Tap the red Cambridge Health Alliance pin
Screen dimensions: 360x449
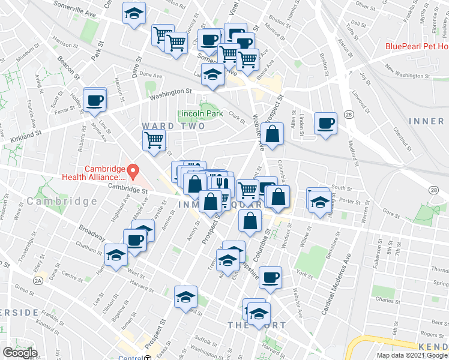[x=134, y=172]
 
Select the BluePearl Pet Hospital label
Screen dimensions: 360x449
[x=417, y=46]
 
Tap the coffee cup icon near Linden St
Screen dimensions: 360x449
[x=325, y=124]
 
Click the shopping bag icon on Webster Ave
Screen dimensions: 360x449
[x=272, y=135]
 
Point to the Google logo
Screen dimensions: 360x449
[x=20, y=353]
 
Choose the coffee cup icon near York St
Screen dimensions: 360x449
[x=271, y=277]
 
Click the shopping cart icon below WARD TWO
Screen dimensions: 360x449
[x=154, y=140]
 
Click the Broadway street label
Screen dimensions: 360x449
[x=88, y=233]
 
